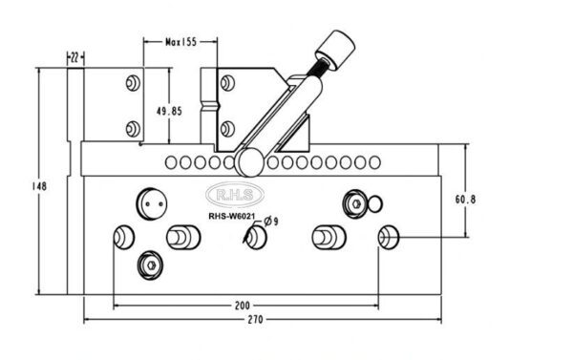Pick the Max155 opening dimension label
180,42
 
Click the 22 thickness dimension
74,58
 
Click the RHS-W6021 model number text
232,216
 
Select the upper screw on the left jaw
131,85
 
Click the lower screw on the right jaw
226,128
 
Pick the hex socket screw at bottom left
149,263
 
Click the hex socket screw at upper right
354,202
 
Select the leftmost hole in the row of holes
171,163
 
